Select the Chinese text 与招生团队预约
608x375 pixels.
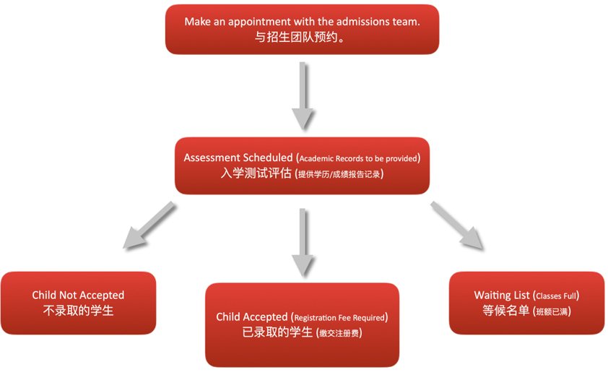(x=301, y=38)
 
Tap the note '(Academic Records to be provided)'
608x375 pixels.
(x=358, y=158)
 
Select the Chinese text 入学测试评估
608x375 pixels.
(x=256, y=173)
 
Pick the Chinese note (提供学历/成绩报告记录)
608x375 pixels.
(x=339, y=174)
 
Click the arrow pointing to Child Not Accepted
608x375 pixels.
(x=149, y=226)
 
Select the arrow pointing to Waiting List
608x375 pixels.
(x=458, y=225)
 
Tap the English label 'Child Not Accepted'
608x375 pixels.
(x=78, y=295)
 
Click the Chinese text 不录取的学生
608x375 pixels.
(x=78, y=311)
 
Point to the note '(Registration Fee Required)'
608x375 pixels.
(x=339, y=317)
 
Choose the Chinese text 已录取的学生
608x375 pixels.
(x=277, y=333)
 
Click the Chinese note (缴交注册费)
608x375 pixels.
(x=339, y=334)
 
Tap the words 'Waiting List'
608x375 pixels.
(x=502, y=295)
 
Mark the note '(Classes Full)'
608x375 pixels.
(x=557, y=296)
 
